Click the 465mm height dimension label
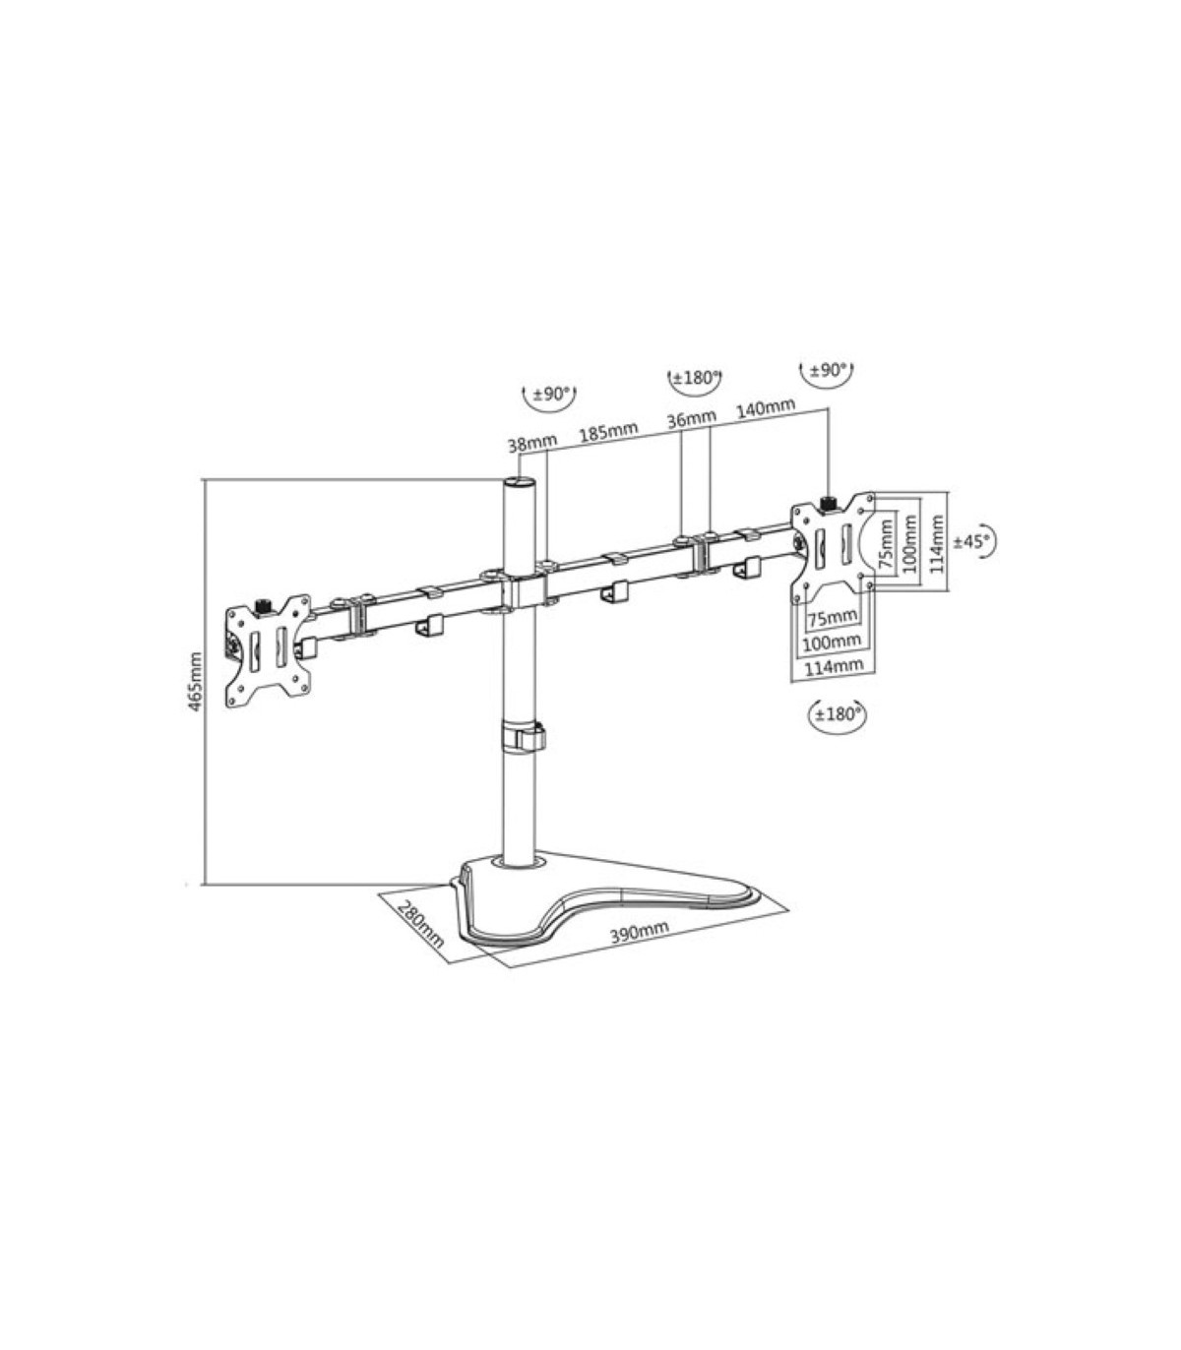coord(196,682)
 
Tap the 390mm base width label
coord(639,931)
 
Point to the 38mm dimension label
coord(531,443)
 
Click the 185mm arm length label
coord(608,431)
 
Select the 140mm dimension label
coord(766,407)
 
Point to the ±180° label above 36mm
coord(696,378)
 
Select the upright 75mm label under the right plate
coord(833,618)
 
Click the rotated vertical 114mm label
coord(938,544)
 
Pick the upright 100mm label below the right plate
coord(832,641)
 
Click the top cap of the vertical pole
coord(521,481)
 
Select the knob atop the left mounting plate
coord(265,604)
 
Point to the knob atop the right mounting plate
coord(828,503)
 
